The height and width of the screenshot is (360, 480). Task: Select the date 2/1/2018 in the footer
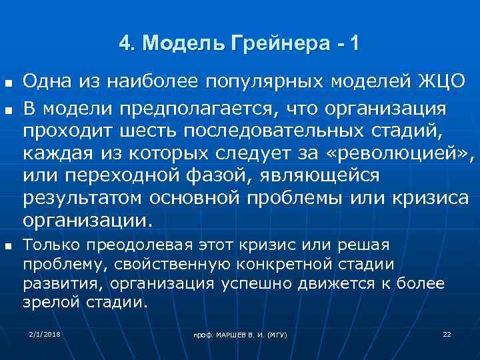[45, 333]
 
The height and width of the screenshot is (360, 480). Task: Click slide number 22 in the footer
[447, 333]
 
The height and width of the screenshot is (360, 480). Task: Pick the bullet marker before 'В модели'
[8, 105]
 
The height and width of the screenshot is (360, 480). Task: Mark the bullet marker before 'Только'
[8, 246]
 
